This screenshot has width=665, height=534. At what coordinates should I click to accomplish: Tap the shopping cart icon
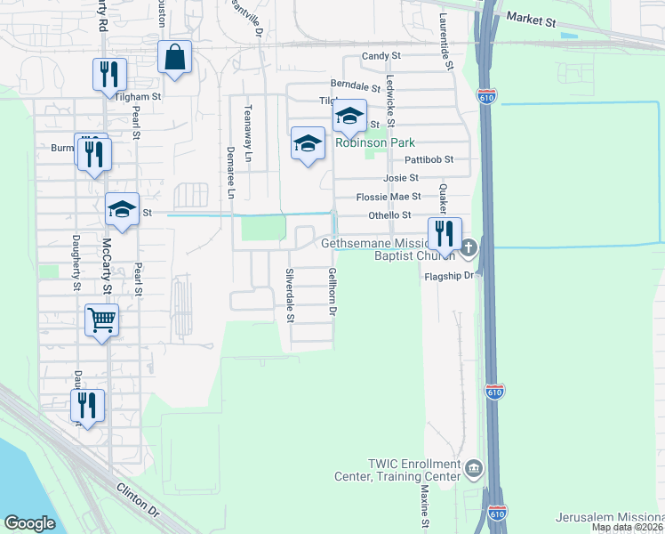(102, 320)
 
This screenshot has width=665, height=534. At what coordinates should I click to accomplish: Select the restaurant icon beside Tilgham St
(111, 75)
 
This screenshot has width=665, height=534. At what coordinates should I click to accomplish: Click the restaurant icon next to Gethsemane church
(445, 234)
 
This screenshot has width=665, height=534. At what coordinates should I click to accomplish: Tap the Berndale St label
(355, 86)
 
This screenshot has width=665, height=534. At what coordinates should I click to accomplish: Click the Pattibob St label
(429, 160)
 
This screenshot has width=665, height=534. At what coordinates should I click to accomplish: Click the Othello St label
(390, 215)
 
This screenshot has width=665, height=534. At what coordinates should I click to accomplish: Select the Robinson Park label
(375, 142)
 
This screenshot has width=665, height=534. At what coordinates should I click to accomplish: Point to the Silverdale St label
(290, 295)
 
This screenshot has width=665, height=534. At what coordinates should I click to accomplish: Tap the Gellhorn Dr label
(332, 293)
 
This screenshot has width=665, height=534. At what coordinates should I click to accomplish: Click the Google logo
(29, 523)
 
